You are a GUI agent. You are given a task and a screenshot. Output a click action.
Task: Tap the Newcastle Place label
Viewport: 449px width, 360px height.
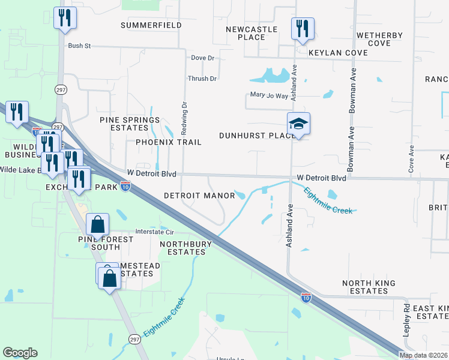(x=252, y=33)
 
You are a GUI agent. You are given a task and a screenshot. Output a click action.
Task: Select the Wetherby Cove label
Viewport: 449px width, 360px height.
(x=379, y=39)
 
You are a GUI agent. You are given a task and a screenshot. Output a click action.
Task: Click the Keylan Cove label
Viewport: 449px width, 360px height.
(x=338, y=53)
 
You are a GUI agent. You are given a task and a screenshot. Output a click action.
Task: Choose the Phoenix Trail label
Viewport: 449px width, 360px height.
(x=168, y=142)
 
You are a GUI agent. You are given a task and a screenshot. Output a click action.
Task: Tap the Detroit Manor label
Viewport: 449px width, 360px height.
(x=199, y=196)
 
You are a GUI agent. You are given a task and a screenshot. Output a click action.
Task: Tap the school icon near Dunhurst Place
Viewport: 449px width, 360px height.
(x=298, y=124)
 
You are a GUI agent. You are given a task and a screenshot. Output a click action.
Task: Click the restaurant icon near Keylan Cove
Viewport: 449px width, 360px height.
(x=302, y=28)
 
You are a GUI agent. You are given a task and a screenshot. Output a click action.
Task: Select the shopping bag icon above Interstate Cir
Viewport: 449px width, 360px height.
(x=98, y=225)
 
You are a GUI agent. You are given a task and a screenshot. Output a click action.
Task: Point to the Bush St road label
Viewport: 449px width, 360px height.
(x=79, y=46)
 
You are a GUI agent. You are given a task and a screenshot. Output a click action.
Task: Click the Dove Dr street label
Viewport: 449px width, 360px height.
(x=202, y=58)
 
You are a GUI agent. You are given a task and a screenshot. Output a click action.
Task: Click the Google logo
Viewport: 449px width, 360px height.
(x=20, y=353)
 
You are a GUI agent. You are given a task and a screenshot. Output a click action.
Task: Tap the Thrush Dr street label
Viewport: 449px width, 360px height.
(x=202, y=79)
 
